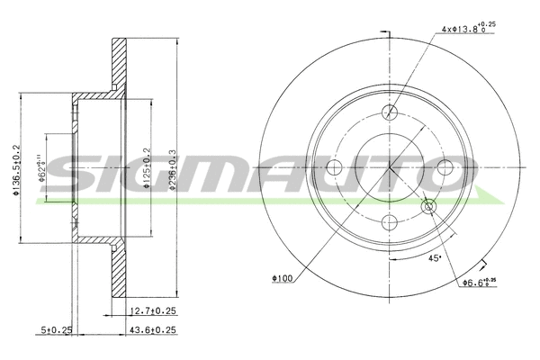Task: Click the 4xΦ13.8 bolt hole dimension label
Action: click(x=467, y=29)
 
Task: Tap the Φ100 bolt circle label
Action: click(x=282, y=277)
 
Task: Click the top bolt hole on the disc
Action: click(x=390, y=112)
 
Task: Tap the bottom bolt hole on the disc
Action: click(x=390, y=221)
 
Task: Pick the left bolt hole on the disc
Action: click(x=336, y=167)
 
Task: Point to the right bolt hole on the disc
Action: click(x=444, y=167)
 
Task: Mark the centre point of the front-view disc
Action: click(x=390, y=167)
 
